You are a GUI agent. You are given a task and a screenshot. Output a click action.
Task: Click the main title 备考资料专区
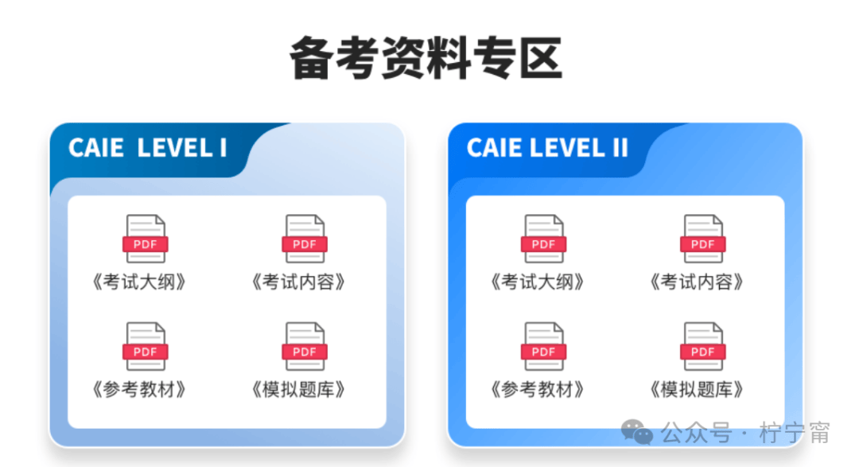pos(426,58)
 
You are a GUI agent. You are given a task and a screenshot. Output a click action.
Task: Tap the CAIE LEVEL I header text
pos(147,148)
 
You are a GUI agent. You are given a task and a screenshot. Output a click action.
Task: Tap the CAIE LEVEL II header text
pos(547,148)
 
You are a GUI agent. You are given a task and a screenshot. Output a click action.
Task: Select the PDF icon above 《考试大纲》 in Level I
pos(146,239)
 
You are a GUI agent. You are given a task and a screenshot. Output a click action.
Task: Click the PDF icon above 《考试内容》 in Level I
pos(305,239)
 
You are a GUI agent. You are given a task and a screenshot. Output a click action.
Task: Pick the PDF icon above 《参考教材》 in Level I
pos(146,346)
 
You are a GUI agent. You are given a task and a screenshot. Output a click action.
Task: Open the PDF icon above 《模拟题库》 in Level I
pos(305,346)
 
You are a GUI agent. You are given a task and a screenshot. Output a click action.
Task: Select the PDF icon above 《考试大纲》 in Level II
pos(543,239)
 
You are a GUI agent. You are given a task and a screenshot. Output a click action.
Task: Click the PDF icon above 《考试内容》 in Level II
pos(703,239)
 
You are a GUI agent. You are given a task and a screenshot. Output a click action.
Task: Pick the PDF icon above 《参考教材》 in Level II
pos(543,346)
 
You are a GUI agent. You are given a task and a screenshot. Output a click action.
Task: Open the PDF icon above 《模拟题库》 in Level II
pos(703,346)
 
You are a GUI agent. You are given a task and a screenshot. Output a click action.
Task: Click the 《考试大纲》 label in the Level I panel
pos(140,282)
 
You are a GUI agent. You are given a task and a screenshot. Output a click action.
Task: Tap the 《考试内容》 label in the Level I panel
pos(299,282)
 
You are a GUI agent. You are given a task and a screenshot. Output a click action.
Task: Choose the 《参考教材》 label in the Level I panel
pos(140,390)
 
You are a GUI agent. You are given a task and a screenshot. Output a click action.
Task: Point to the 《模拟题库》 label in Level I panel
pos(299,390)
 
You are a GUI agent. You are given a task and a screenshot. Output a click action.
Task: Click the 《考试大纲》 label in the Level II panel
pos(538,282)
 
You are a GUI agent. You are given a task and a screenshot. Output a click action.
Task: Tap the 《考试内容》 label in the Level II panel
pos(698,282)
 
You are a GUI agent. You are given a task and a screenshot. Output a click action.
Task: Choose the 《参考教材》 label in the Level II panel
pos(538,390)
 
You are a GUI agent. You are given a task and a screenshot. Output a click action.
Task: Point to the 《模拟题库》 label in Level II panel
pos(698,390)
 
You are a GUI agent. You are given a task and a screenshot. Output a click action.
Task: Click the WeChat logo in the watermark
pos(637,433)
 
